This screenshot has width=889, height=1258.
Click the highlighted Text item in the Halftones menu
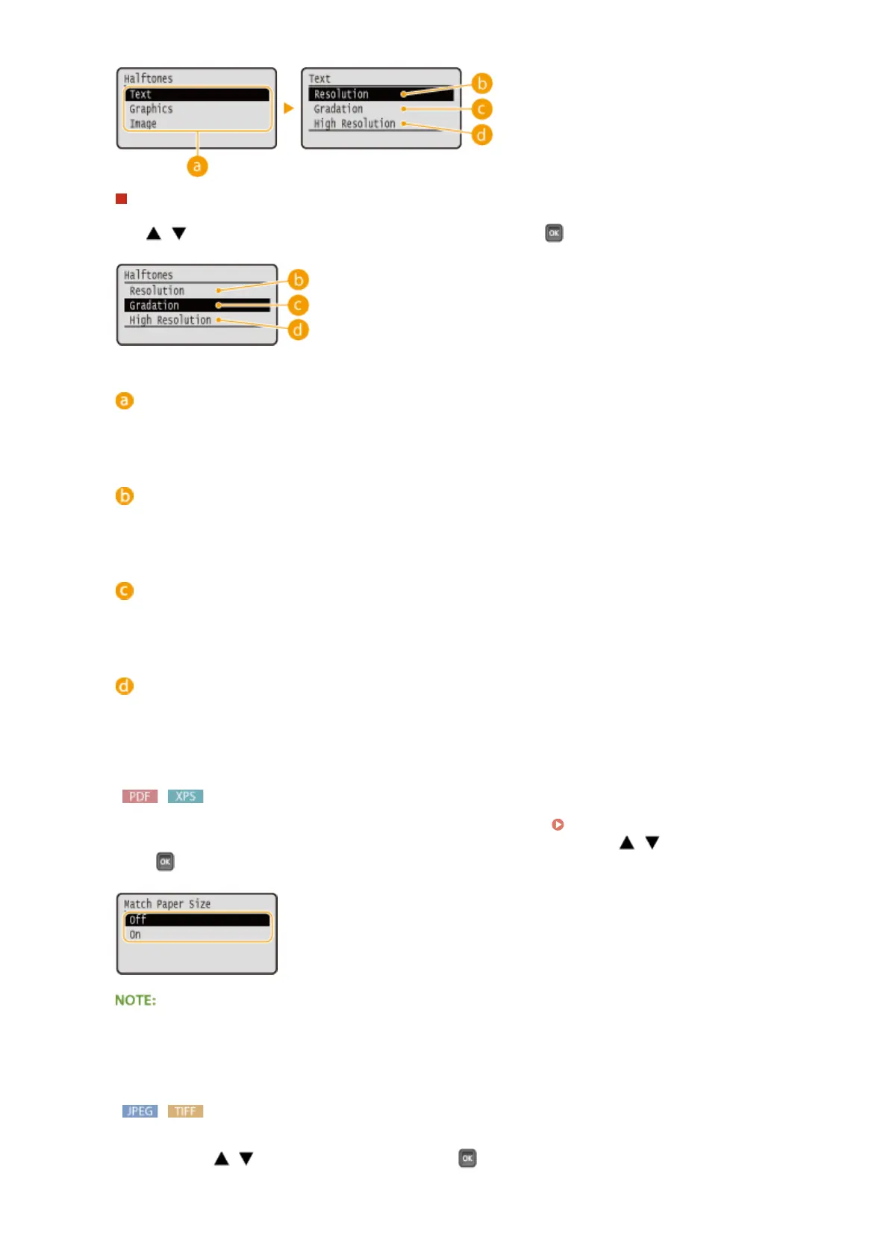[196, 94]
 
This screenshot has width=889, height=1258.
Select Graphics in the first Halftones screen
[152, 109]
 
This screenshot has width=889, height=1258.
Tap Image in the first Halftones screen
[143, 124]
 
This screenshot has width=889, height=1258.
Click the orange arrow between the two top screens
[289, 108]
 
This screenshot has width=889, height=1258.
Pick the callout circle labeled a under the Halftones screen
[197, 166]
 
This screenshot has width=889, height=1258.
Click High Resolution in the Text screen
[355, 124]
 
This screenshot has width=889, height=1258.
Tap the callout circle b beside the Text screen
[482, 83]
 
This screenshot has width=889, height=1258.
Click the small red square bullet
[122, 199]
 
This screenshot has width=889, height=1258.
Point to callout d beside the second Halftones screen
[298, 329]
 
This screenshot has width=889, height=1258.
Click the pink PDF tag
[140, 796]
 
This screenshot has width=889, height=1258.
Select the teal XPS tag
[185, 796]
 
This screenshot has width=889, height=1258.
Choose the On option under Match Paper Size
[136, 935]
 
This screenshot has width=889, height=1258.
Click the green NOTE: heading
[136, 1000]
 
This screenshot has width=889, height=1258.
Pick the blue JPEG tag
[140, 1111]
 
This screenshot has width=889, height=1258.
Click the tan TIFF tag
[185, 1111]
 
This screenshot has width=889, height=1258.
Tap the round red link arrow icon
[558, 825]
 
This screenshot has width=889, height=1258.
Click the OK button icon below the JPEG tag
[467, 1158]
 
